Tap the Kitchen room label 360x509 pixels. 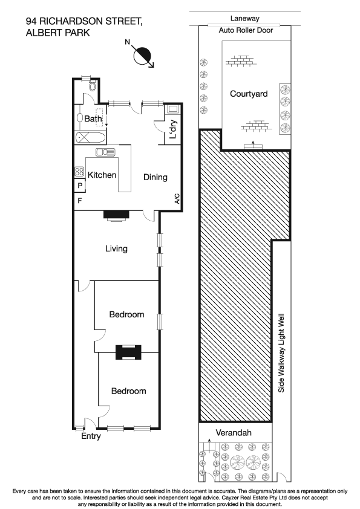[102, 175]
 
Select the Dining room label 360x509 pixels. [155, 177]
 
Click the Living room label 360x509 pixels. [116, 248]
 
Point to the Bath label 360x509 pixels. [93, 119]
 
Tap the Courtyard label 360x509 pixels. [249, 94]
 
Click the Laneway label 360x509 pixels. [244, 19]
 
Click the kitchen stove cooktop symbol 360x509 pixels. [79, 171]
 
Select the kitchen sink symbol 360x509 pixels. [105, 152]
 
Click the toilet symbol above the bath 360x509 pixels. [91, 86]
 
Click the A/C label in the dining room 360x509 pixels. [177, 199]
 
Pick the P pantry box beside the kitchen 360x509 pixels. [79, 186]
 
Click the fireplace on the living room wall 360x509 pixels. [116, 214]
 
